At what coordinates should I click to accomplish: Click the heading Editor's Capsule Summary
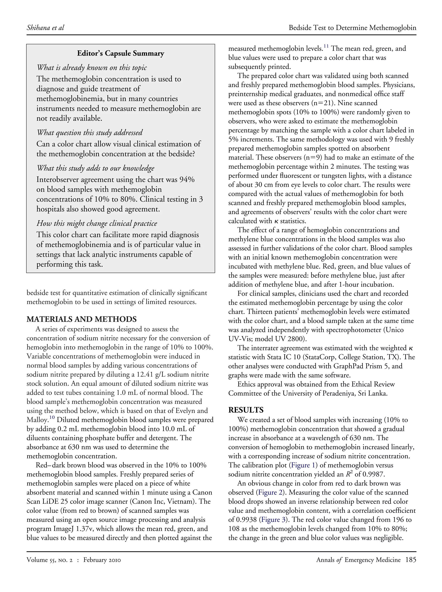coord(120,54)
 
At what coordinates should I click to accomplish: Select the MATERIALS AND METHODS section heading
coord(82,319)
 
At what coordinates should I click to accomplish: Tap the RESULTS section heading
coord(246,410)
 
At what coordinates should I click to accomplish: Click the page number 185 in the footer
coord(411,560)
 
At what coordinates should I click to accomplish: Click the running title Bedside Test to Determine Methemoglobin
coord(352,28)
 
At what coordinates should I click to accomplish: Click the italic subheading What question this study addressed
coord(90,132)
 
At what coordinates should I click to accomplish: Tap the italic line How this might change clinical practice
coord(97,223)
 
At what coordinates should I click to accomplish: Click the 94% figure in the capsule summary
coord(187,179)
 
